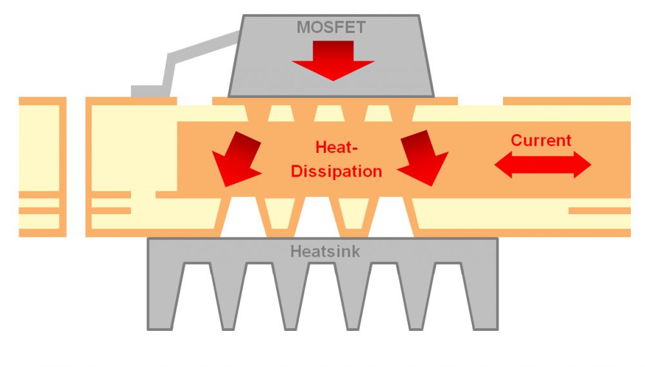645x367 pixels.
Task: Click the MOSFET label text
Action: [x=331, y=27]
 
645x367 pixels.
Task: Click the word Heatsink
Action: [x=322, y=251]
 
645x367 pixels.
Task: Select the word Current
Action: [x=541, y=140]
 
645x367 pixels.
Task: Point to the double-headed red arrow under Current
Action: [x=542, y=166]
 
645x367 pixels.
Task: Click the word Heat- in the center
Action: [x=336, y=147]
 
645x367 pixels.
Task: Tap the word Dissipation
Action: [x=336, y=172]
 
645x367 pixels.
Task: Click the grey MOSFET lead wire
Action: [x=193, y=52]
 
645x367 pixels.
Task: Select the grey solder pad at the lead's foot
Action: [x=144, y=91]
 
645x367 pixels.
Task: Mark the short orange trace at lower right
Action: [x=599, y=210]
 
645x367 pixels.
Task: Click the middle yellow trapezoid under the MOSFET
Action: [x=326, y=114]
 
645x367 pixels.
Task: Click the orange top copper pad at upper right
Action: [x=566, y=101]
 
